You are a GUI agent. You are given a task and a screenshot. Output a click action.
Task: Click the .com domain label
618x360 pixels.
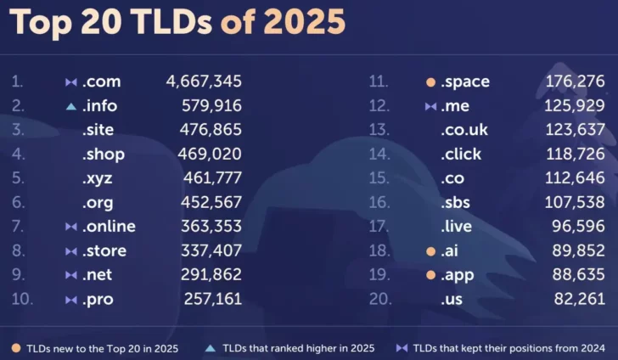[x=101, y=82]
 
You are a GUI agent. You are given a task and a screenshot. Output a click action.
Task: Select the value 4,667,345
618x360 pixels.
[x=204, y=82]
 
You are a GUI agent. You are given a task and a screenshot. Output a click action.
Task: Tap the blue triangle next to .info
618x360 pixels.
[x=70, y=106]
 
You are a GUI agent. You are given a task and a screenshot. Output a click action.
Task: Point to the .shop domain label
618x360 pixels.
[x=104, y=155]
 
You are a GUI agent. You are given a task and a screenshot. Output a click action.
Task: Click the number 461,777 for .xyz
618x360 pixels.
[x=212, y=178]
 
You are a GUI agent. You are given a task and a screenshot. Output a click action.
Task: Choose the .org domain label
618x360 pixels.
[x=98, y=203]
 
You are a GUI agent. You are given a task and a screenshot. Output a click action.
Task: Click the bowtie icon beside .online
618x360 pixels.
[x=70, y=227]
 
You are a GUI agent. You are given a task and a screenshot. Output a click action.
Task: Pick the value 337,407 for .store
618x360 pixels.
[x=211, y=251]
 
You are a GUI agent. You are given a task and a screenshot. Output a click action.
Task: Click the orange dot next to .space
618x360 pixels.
[x=430, y=82]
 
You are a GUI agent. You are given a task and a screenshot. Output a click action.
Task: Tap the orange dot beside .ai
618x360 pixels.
[x=430, y=251]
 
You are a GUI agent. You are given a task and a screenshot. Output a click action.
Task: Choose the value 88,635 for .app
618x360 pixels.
[x=577, y=275]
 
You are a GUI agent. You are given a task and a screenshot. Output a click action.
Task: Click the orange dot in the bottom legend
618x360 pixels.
[x=16, y=348]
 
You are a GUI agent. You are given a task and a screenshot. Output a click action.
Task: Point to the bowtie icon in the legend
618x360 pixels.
[x=402, y=348]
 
